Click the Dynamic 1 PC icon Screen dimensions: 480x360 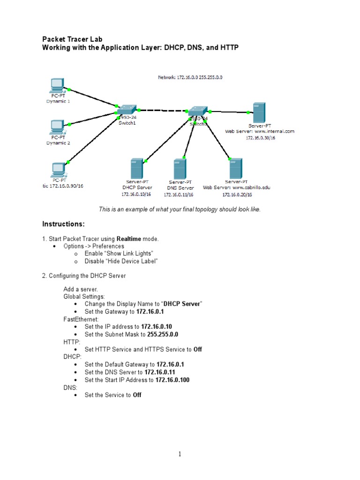tap(57, 86)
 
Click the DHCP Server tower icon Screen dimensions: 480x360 tap(136, 168)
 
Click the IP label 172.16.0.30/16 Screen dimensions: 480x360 tap(262, 138)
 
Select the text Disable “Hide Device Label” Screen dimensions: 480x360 tap(121, 261)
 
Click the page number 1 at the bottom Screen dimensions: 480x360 tap(179, 454)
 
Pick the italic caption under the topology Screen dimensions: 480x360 tap(180, 209)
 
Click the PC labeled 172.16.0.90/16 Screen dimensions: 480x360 tap(59, 169)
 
